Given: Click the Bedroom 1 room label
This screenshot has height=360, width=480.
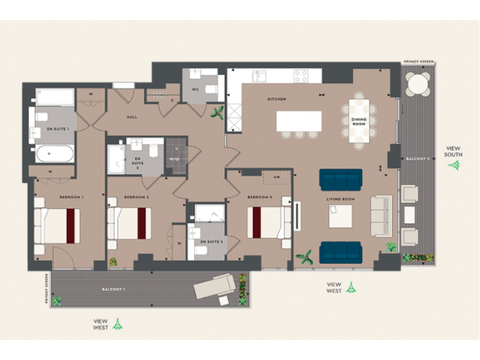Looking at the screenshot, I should pos(71,197).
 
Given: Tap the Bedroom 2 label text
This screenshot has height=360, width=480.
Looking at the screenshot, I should pos(136,197).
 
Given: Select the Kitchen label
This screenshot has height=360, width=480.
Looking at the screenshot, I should pos(276,99).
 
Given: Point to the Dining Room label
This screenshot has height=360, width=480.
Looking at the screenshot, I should pos(359,121).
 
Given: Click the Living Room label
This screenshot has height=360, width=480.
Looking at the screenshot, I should pos(340,199).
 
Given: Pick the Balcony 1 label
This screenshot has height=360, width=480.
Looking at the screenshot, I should pos(114,289).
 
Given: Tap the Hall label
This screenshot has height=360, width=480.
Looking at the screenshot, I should pos(132,117).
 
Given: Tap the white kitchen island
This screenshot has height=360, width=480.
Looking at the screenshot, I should pos(299,121).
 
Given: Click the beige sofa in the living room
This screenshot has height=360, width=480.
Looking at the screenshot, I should pos(381,216).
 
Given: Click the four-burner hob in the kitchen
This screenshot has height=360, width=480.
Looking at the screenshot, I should pos(301,76).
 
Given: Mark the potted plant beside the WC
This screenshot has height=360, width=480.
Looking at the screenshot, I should pos(218,112).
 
